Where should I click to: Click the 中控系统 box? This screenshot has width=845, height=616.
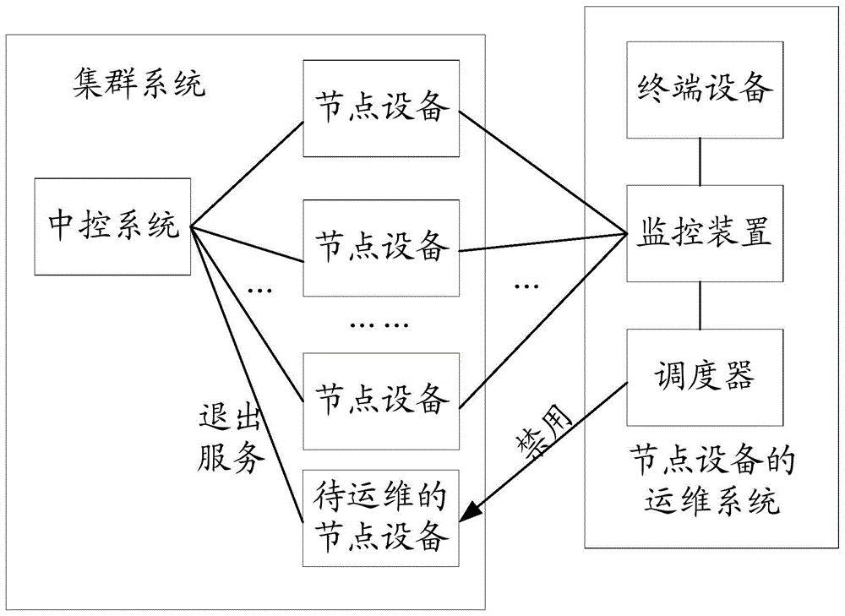113,226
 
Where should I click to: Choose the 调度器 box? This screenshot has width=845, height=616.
700,377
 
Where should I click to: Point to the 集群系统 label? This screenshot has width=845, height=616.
139,84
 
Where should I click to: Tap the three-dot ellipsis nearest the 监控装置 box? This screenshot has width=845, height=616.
526,286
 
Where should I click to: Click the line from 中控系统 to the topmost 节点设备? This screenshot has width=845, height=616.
247,173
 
